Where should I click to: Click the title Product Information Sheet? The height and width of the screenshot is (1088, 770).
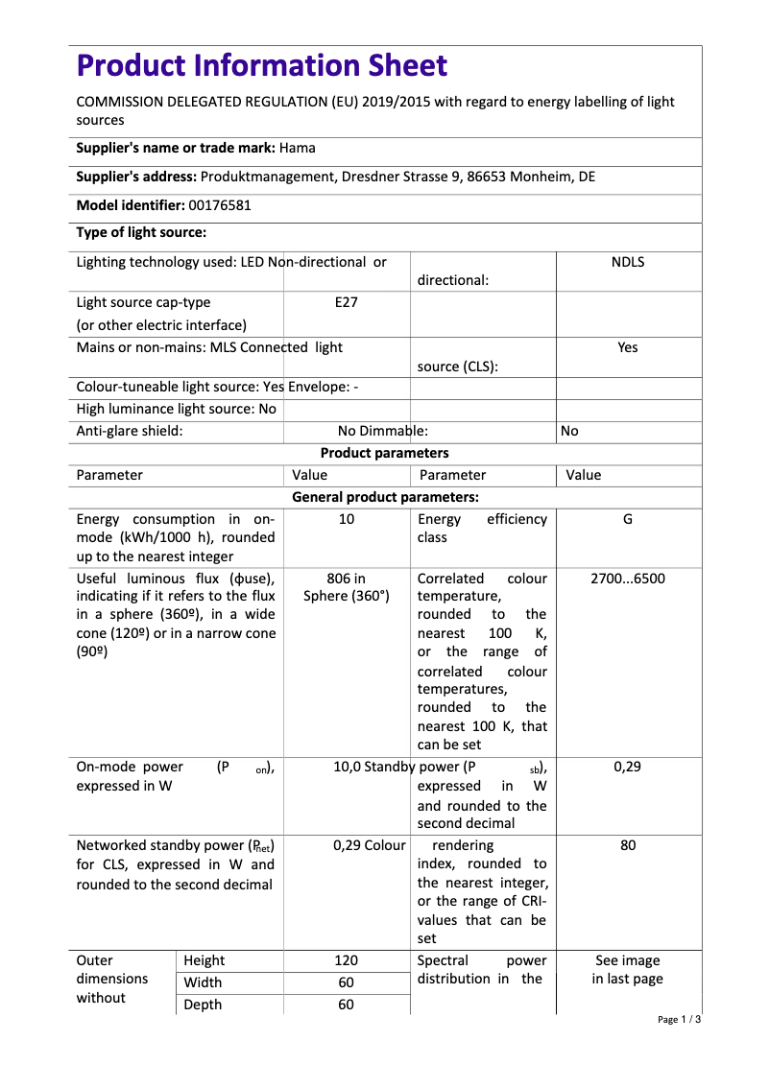point(262,65)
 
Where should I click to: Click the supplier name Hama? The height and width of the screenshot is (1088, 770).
point(298,149)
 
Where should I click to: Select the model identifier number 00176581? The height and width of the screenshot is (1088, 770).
point(220,205)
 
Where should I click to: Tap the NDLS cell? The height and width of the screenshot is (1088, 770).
point(628,262)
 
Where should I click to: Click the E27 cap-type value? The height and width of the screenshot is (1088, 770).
point(346,302)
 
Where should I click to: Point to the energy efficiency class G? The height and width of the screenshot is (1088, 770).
point(628,519)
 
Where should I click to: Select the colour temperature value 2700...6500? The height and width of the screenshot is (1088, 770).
point(628,579)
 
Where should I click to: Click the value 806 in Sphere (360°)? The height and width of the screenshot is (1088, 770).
point(347,587)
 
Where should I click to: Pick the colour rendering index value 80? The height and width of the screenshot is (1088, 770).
point(628,845)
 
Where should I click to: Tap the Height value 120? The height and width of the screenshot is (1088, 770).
point(347,960)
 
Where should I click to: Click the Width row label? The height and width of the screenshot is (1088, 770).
point(203,982)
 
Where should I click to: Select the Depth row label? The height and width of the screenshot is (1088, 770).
point(203,1005)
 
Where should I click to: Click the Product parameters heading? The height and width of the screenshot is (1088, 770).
point(384,453)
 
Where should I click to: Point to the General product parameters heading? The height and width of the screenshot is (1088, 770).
point(384,497)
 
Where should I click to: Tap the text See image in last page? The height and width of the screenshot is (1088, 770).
point(628,970)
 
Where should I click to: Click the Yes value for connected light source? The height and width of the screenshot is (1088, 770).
point(628,347)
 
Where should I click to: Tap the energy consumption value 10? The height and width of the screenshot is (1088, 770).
point(347,519)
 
